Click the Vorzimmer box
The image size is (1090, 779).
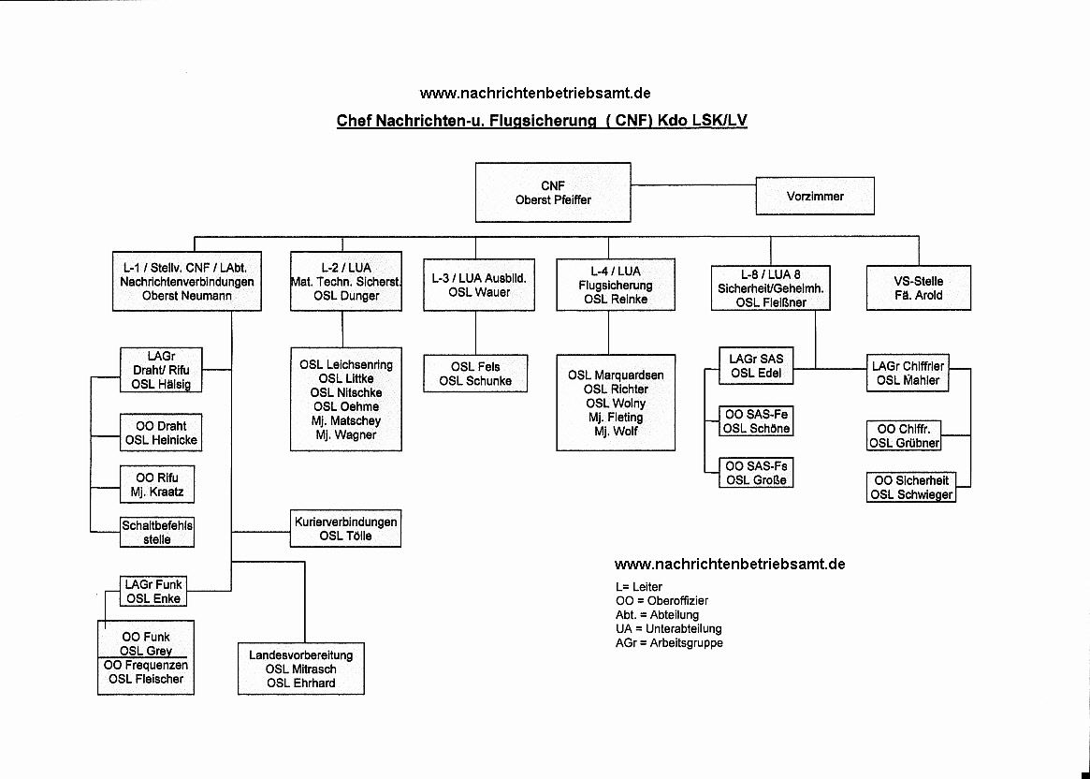click(x=815, y=196)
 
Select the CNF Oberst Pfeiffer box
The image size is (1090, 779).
click(x=553, y=193)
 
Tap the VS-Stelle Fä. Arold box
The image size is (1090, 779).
click(x=918, y=288)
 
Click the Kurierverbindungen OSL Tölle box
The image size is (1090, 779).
click(x=345, y=529)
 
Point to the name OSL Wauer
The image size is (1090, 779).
click(x=479, y=293)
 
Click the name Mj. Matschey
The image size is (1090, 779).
click(x=346, y=420)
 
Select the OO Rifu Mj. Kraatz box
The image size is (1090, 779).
click(x=157, y=485)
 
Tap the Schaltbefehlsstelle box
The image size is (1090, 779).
click(x=157, y=532)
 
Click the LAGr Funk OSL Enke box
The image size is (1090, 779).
click(x=153, y=591)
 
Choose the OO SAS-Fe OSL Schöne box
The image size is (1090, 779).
click(x=756, y=421)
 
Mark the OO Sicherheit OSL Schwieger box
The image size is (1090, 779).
click(x=911, y=488)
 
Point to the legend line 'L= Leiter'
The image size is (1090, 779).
click(x=639, y=586)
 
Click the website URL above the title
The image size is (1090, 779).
click(x=535, y=94)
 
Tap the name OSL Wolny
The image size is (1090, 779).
click(x=616, y=404)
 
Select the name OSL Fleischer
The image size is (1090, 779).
click(x=146, y=680)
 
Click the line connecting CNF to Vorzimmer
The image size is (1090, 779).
click(x=693, y=185)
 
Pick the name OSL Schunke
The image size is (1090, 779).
click(x=475, y=381)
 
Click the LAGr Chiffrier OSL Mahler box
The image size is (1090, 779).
click(x=908, y=374)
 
